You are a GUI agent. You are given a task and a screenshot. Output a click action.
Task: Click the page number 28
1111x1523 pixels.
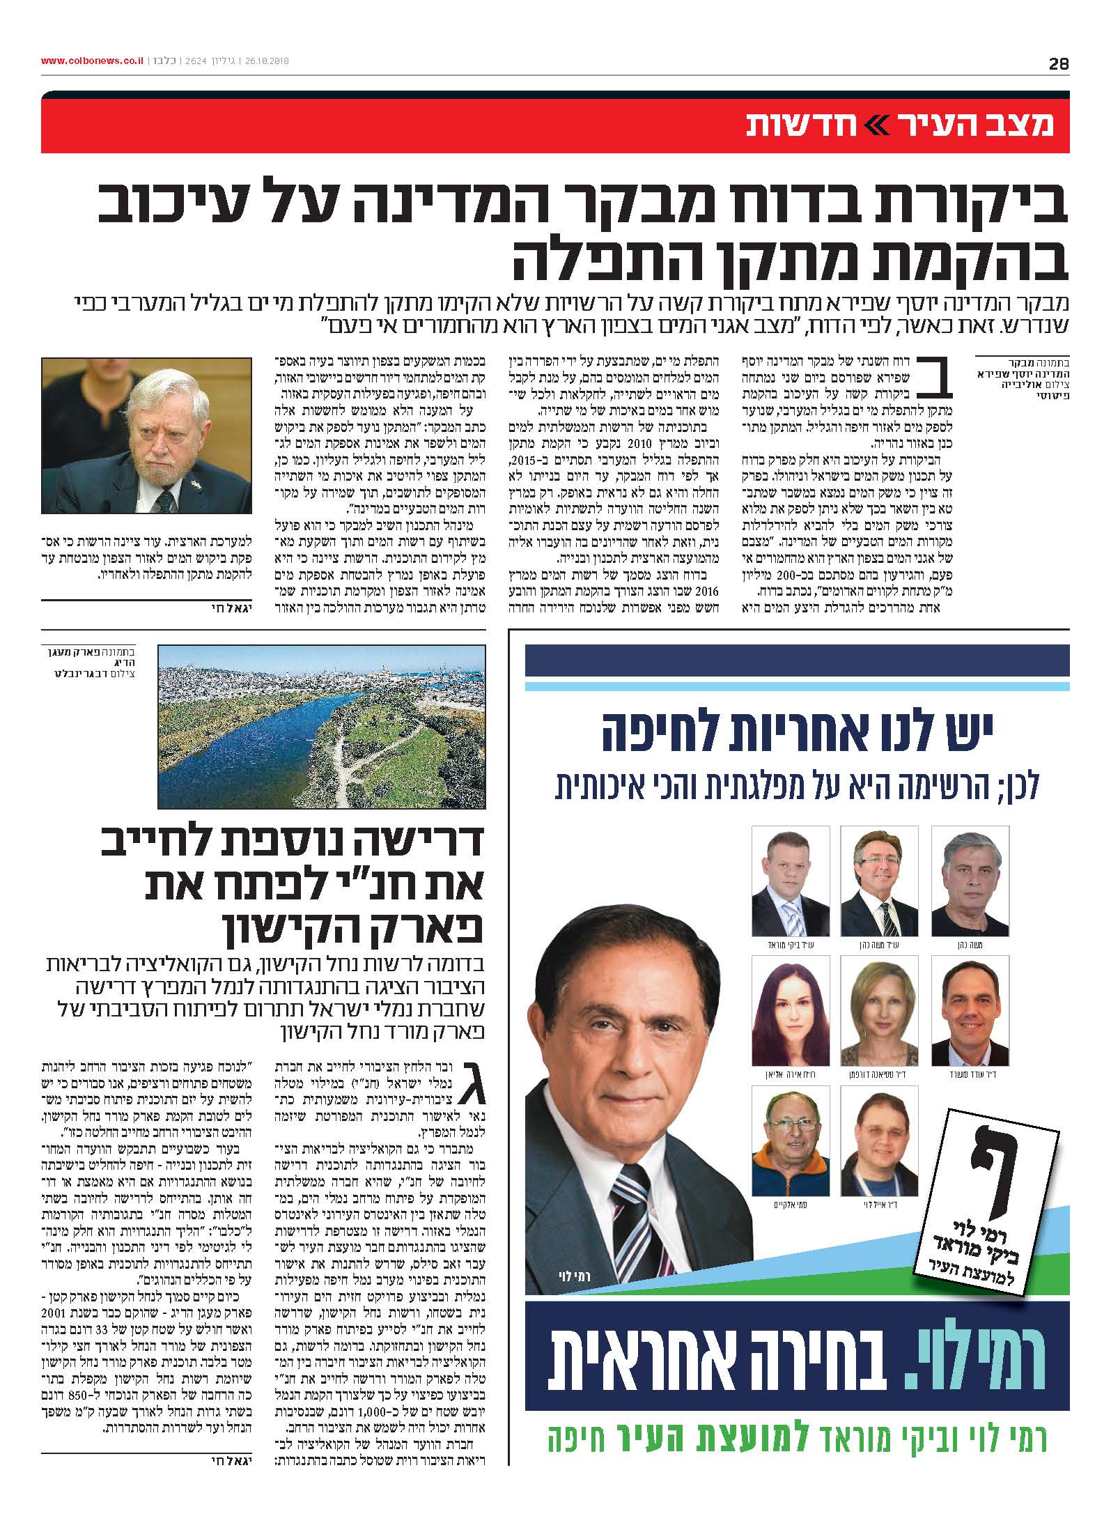[x=1059, y=63]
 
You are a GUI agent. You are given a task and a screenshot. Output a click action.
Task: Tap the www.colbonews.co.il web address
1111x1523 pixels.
[x=91, y=61]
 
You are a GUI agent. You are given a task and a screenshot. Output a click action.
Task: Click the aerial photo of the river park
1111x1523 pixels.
[x=322, y=726]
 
